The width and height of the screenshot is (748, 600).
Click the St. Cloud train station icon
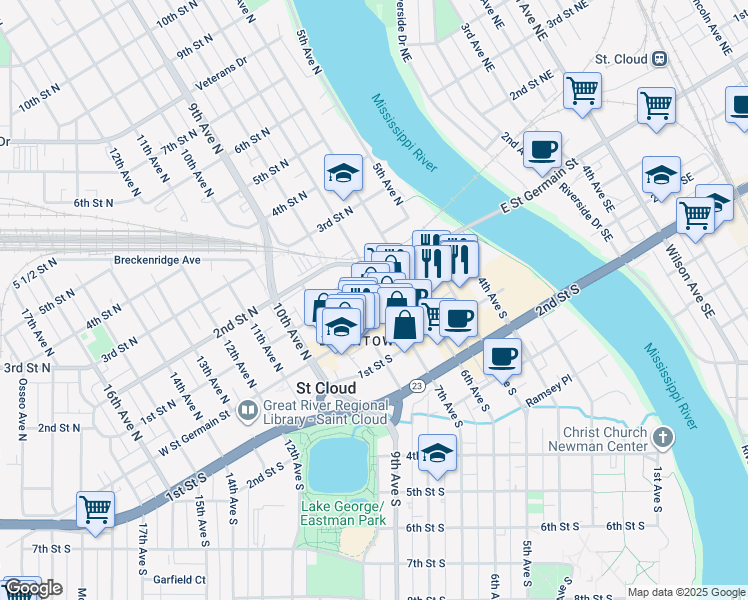pyautogui.click(x=659, y=59)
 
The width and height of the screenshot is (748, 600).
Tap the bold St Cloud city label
pyautogui.click(x=326, y=388)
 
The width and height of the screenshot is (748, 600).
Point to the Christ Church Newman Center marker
pyautogui.click(x=662, y=437)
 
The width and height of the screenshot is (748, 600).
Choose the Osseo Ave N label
pyautogui.click(x=20, y=413)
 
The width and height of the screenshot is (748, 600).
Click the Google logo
pyautogui.click(x=33, y=588)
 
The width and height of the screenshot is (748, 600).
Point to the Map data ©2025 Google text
pyautogui.click(x=686, y=592)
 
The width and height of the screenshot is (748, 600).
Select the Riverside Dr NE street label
pyautogui.click(x=403, y=30)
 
